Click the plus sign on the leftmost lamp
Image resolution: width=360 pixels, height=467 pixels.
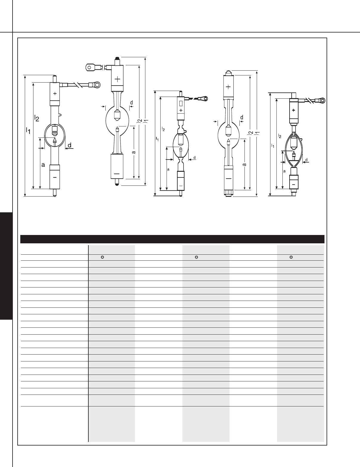(55, 93)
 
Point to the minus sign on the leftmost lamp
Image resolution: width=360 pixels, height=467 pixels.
(55, 177)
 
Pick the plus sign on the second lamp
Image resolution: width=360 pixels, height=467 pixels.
(117, 79)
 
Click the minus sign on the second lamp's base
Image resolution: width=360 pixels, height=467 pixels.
(117, 174)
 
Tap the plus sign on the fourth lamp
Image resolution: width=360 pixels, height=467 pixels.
(228, 87)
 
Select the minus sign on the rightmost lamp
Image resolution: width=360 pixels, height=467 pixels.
(293, 184)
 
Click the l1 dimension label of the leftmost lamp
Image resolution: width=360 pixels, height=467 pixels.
(28, 130)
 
